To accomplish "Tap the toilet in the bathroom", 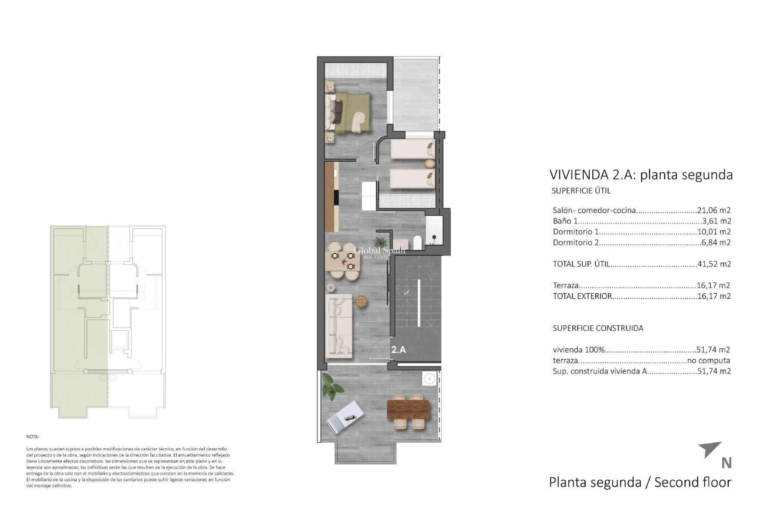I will pyautogui.click(x=417, y=242).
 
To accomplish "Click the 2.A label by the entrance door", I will pyautogui.click(x=398, y=349).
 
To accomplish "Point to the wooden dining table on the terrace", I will pyautogui.click(x=408, y=411).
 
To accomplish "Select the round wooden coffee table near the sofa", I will pyautogui.click(x=361, y=301).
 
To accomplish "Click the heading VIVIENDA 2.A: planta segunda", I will pyautogui.click(x=641, y=174).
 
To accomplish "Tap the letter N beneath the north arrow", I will pyautogui.click(x=726, y=463).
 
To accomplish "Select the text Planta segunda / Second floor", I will pyautogui.click(x=640, y=482).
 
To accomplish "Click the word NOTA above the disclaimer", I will pyautogui.click(x=33, y=437).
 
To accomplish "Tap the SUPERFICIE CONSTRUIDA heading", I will pyautogui.click(x=598, y=328).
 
